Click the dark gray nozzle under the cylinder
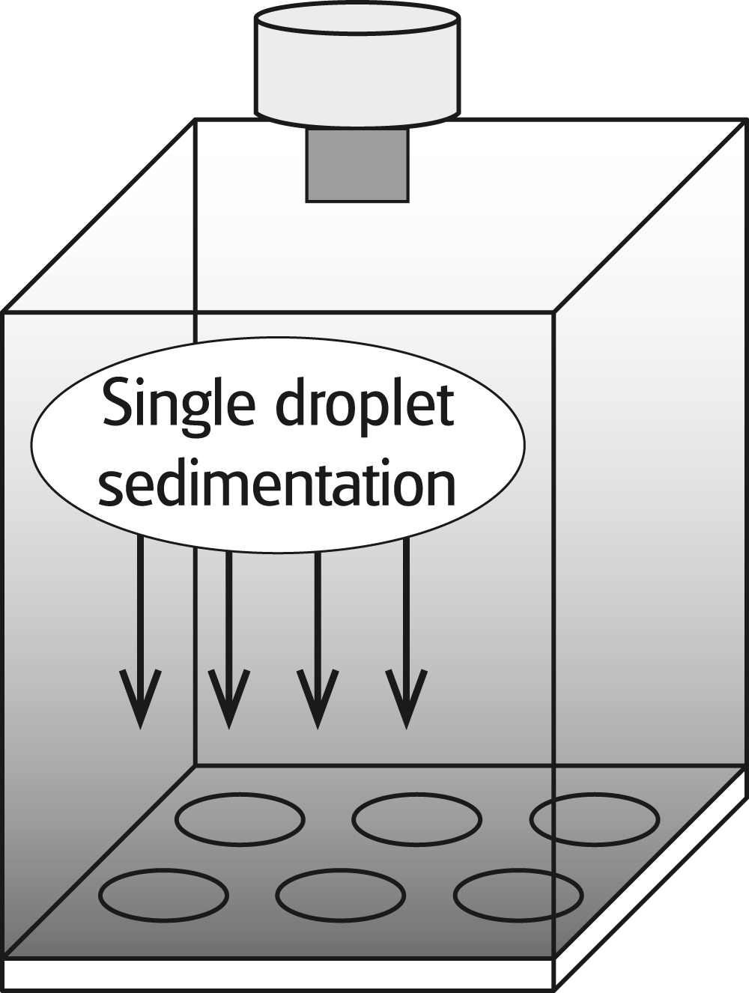tap(357, 164)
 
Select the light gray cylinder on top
tap(357, 64)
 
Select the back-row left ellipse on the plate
tap(240, 819)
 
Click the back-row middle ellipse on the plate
tap(416, 819)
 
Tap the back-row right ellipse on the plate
tap(595, 819)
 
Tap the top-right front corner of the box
tap(554, 312)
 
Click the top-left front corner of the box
tap(4, 312)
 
